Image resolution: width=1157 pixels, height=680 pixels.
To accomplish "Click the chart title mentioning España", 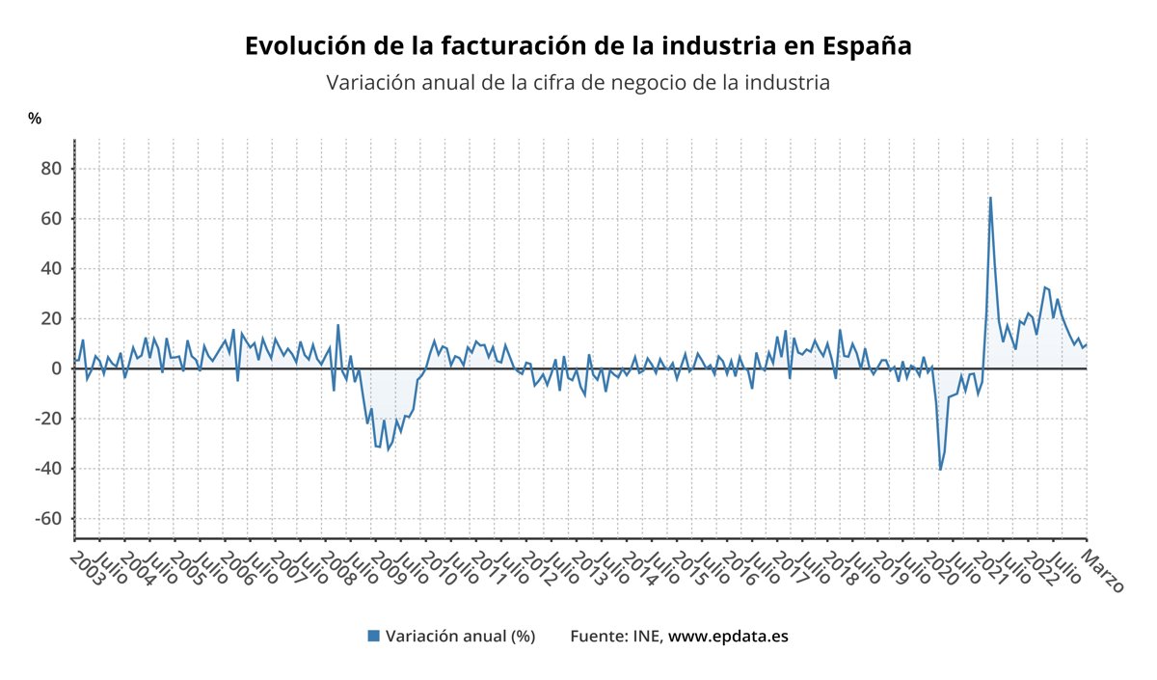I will click(x=578, y=46).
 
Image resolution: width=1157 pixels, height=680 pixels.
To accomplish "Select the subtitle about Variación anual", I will click(x=578, y=83).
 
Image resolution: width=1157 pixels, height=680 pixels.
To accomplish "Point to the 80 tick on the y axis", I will click(x=50, y=169).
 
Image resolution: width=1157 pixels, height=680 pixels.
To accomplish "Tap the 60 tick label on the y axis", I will click(x=50, y=219).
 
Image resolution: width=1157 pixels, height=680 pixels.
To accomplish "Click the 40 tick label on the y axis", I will click(x=50, y=269).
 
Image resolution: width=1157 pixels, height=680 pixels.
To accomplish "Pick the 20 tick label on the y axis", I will click(x=50, y=319).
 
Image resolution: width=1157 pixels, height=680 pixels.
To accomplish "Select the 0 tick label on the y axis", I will click(x=55, y=368).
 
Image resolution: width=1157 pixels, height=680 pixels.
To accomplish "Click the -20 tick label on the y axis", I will click(x=46, y=419).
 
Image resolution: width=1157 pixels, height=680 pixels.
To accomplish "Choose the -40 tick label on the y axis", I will click(x=46, y=469).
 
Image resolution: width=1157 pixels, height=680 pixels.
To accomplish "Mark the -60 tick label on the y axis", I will click(x=46, y=519).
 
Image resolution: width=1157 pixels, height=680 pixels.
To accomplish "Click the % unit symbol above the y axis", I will click(x=35, y=119).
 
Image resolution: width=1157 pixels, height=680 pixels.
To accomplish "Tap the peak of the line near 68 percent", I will click(x=990, y=198).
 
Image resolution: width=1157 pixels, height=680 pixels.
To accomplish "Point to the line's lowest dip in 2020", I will click(x=940, y=470).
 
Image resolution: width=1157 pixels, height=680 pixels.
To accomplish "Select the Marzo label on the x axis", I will click(x=1102, y=570).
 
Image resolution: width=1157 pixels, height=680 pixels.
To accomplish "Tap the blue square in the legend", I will click(x=373, y=637).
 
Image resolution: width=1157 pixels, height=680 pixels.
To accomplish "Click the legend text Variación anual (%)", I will click(x=460, y=637).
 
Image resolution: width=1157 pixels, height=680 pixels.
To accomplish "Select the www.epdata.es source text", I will click(x=728, y=637).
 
